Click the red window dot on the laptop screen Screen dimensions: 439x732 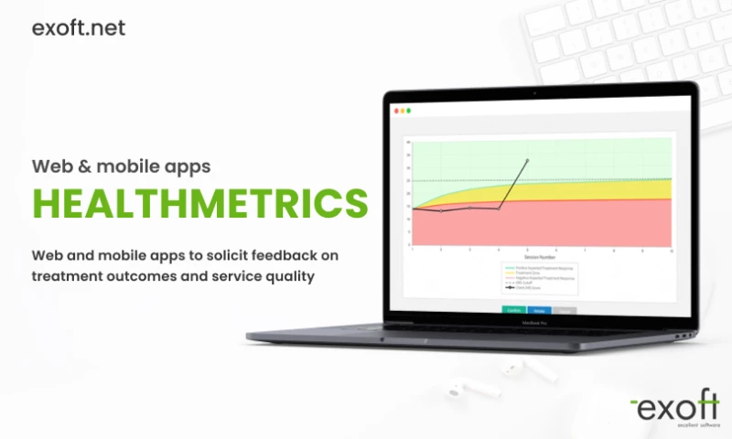click(395, 111)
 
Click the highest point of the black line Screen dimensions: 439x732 click(526, 160)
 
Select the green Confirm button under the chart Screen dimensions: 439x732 click(514, 310)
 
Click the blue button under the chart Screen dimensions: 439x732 click(540, 310)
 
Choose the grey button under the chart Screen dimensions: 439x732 click(565, 310)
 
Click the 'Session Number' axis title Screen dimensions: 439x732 click(540, 258)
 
